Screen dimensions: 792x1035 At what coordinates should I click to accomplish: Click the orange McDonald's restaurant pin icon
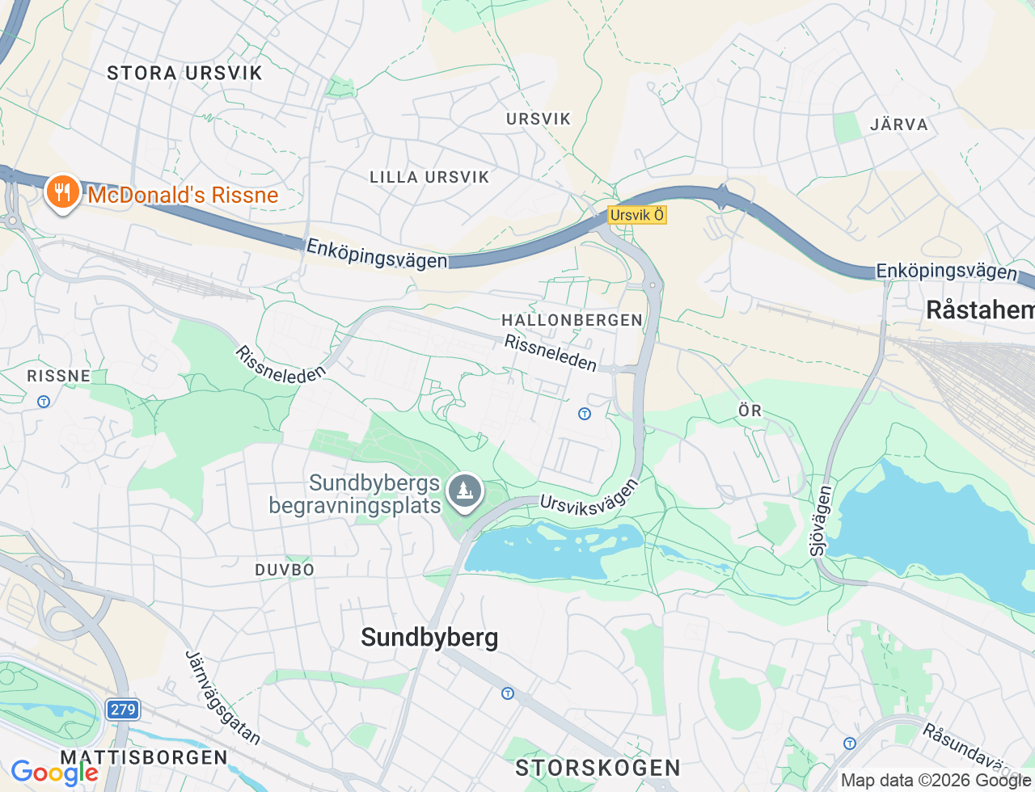coord(61,192)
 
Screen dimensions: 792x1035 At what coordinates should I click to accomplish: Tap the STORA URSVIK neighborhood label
coord(185,73)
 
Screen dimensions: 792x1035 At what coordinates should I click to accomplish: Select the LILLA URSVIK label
coord(429,177)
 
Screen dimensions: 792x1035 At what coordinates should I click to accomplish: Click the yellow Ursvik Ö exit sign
coord(637,215)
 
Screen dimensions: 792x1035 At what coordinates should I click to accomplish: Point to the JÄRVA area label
coord(899,124)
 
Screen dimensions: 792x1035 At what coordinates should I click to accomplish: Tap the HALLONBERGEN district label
coord(572,320)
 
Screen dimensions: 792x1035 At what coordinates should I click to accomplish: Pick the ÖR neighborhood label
coord(750,411)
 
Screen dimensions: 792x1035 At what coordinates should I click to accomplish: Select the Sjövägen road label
coord(820,520)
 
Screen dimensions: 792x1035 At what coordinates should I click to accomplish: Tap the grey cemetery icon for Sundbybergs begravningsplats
coord(465,491)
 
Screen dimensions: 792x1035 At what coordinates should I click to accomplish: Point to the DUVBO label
coord(285,570)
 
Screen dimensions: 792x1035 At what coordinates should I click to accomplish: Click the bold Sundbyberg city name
coord(429,638)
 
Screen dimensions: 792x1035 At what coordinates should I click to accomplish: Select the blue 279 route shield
coord(123,710)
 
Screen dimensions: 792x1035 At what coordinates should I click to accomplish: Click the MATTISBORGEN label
coord(144,757)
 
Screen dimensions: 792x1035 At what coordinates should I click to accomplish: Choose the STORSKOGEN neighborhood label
coord(598,767)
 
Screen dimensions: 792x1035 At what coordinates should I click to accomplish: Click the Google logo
coord(54,773)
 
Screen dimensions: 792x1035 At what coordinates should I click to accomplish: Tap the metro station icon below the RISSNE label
coord(44,401)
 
